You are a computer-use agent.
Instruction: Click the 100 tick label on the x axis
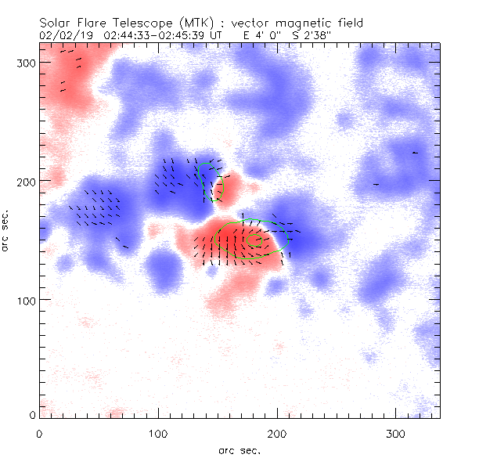coord(158,433)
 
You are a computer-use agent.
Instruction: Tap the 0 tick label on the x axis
coord(39,433)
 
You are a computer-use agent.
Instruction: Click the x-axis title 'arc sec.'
coord(239,450)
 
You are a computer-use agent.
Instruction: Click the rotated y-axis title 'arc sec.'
coord(7,230)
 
